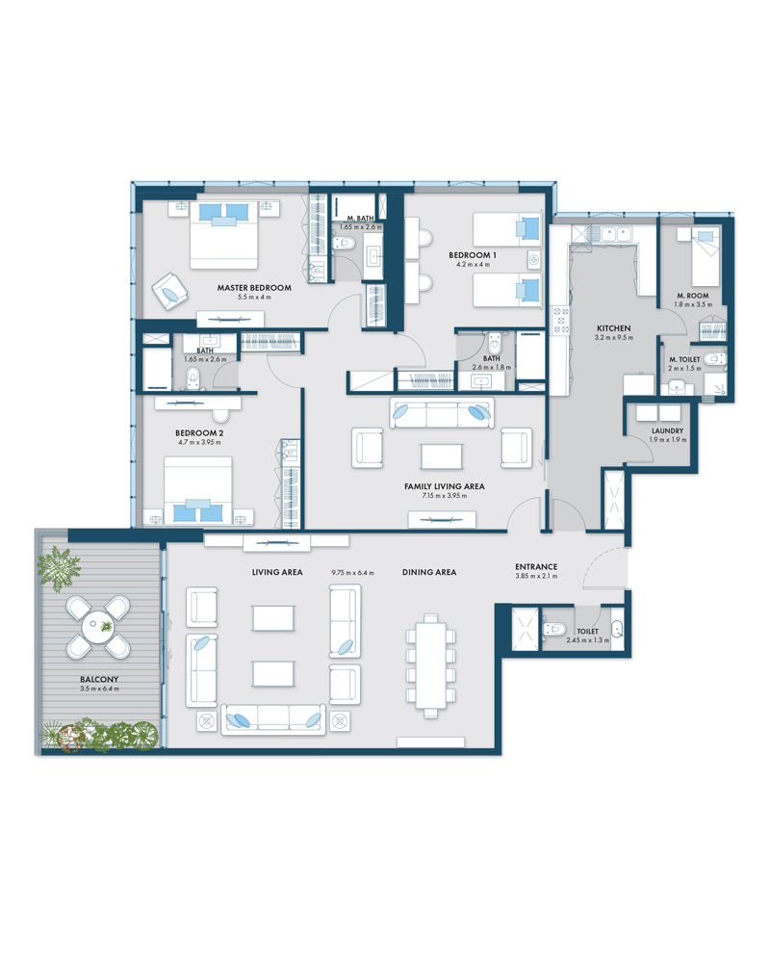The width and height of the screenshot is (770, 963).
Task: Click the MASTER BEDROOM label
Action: pos(254,287)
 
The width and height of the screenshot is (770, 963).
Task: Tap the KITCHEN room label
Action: pos(613,328)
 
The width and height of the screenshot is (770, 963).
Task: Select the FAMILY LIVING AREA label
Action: pos(445,486)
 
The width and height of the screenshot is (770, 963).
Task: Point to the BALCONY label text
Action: pos(99,679)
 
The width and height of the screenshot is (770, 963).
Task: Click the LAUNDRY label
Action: pos(667,431)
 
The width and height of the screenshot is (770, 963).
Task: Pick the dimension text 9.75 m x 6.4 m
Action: pos(352,572)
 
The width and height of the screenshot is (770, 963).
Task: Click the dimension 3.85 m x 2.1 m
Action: pos(537,576)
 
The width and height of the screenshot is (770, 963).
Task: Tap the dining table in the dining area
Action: pos(431,665)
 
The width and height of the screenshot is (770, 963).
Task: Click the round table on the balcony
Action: pos(98,627)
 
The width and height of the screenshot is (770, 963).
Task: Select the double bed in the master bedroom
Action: pos(223,235)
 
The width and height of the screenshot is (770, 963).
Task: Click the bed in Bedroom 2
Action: pos(197,490)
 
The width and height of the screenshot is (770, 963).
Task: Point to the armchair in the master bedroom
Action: pos(169,291)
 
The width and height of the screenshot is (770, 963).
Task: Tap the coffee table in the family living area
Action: pos(442,456)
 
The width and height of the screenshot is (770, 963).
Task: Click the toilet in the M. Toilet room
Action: pos(713,358)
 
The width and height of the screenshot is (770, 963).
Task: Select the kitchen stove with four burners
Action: pos(561,321)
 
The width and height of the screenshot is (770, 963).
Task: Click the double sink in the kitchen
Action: pos(616,234)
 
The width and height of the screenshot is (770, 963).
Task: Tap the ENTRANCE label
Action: pos(536,567)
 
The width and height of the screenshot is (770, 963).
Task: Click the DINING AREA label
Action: pos(429,572)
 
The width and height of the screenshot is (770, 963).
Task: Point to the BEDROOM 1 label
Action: pos(473,255)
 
